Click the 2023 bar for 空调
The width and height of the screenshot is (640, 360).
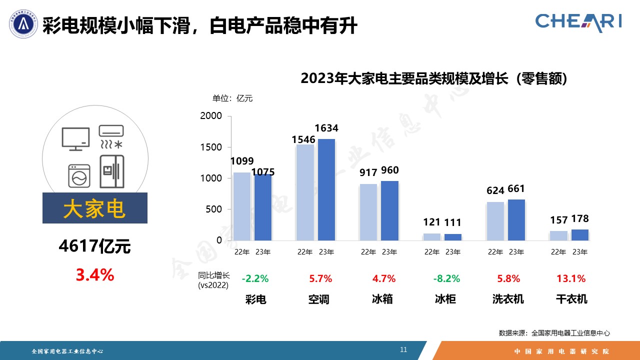(x=326, y=189)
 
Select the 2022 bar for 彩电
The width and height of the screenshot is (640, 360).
(x=242, y=206)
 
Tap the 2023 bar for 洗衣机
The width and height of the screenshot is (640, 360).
(x=516, y=220)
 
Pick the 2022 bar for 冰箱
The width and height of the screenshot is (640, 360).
(x=368, y=212)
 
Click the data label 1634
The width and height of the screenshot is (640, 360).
(x=326, y=128)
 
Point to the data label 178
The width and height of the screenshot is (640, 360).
(x=580, y=218)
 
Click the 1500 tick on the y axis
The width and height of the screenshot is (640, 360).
(x=211, y=147)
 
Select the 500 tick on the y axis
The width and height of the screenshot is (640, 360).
(x=214, y=209)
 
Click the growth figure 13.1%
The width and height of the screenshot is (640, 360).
(x=571, y=278)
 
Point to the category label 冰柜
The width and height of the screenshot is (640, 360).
(x=445, y=299)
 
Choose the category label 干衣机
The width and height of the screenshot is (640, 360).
(x=571, y=299)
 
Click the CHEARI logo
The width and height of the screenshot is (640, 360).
(x=578, y=21)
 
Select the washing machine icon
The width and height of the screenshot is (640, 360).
(x=79, y=176)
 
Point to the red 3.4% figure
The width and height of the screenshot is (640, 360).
(x=95, y=274)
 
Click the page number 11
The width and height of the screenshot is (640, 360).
(x=403, y=349)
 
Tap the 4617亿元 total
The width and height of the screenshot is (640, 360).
(x=94, y=246)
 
